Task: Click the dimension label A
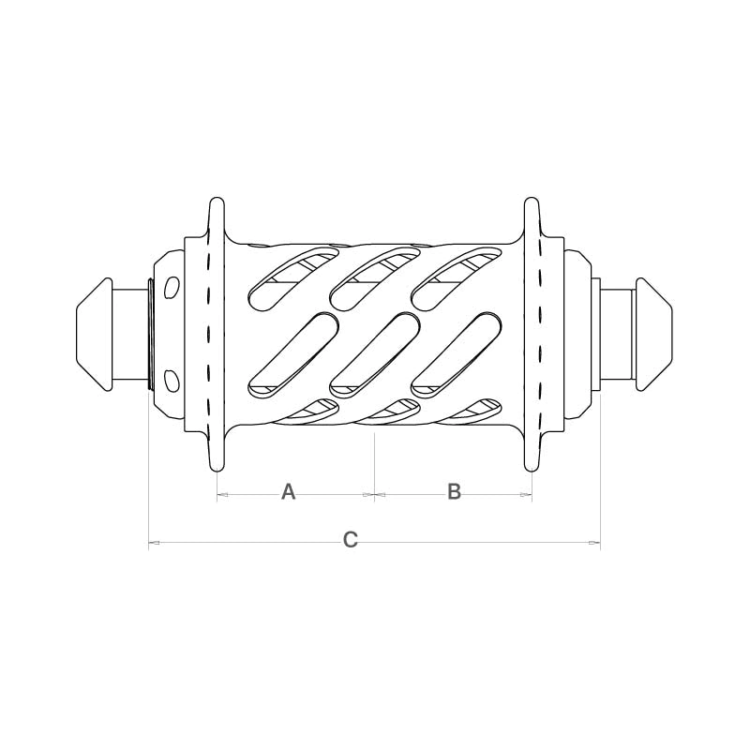[288, 491]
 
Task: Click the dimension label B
[454, 491]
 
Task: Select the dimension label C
[350, 540]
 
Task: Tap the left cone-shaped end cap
[94, 335]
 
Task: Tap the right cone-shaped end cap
[654, 335]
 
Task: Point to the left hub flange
[217, 335]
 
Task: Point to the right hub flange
[532, 335]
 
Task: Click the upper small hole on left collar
[172, 287]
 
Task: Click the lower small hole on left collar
[172, 380]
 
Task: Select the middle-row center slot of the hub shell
[375, 355]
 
